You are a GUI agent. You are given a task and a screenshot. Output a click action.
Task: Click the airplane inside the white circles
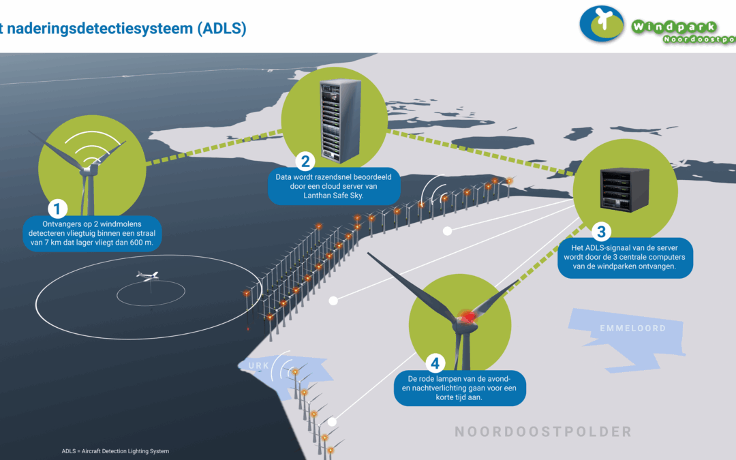(x=148, y=275)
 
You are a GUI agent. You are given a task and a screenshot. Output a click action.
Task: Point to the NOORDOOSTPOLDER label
(x=543, y=431)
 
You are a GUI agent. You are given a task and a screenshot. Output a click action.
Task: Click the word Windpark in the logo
(x=674, y=27)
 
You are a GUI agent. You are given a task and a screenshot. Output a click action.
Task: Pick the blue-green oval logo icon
(x=602, y=23)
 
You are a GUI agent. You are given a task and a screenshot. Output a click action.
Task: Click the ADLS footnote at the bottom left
(x=115, y=451)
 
